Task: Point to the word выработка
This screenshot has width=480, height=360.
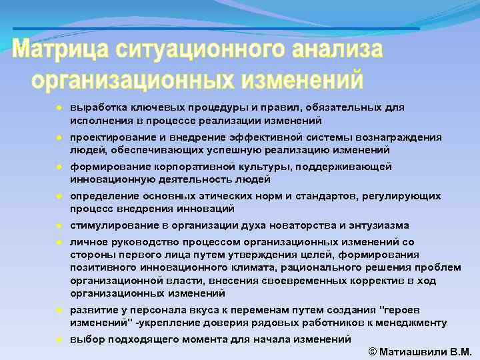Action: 97,107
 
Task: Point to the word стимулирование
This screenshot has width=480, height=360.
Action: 111,225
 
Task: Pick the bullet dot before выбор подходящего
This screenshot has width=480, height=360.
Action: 59,339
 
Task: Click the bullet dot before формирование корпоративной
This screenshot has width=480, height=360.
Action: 59,166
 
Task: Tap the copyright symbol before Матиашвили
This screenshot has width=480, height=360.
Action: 372,351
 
